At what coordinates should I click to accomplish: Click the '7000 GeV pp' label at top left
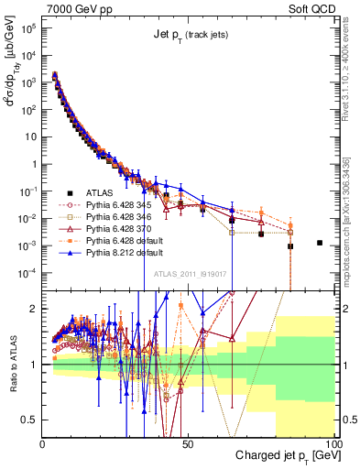pyautogui.click(x=74, y=8)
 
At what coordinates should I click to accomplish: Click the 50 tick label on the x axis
pyautogui.click(x=188, y=442)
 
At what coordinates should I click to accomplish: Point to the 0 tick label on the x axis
pyautogui.click(x=43, y=442)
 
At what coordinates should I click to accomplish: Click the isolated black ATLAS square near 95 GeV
pyautogui.click(x=320, y=243)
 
